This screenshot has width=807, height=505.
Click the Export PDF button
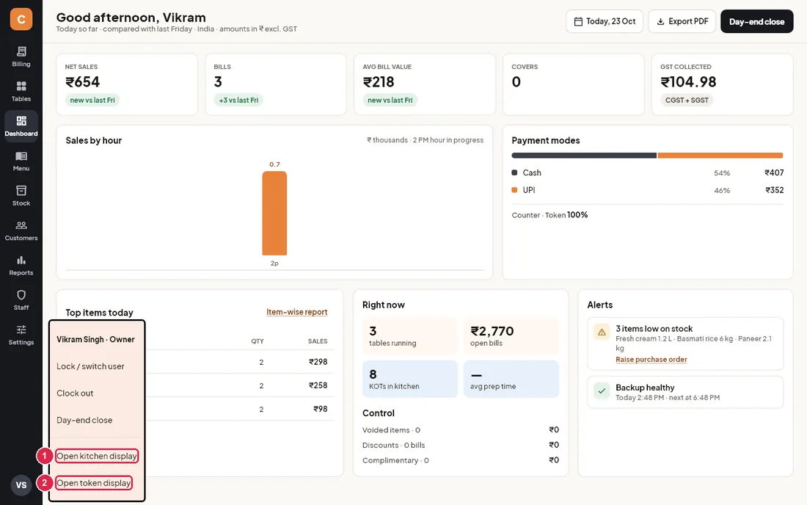(x=682, y=21)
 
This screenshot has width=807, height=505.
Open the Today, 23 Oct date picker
(x=605, y=21)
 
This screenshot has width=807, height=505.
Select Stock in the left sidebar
(x=21, y=196)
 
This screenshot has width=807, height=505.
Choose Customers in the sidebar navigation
(x=21, y=230)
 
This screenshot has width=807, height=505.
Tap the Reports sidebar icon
(x=21, y=266)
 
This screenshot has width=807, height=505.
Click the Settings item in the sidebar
(x=21, y=335)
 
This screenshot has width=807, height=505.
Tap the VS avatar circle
(x=21, y=485)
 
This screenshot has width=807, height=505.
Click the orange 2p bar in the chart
(x=274, y=213)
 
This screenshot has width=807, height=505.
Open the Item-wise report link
(x=297, y=312)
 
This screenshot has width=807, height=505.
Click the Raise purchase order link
(x=651, y=360)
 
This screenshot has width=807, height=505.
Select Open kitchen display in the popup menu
(x=97, y=456)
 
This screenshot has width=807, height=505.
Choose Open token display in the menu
(x=94, y=483)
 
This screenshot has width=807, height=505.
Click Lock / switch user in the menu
(x=90, y=366)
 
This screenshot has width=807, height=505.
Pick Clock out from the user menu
(x=75, y=393)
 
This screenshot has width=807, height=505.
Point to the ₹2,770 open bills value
(x=492, y=331)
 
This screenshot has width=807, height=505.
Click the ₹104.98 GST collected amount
(x=688, y=82)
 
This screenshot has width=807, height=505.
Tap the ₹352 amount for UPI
(x=775, y=190)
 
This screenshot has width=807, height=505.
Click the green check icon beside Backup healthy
(x=601, y=391)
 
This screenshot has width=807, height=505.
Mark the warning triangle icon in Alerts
(x=601, y=332)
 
